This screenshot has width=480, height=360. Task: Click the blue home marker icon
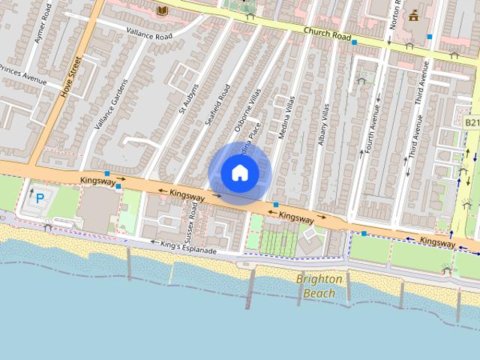coord(239,173)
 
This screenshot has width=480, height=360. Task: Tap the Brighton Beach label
coord(320,286)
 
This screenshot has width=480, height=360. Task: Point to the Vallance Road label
coord(149,35)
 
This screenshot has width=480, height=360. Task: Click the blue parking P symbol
coord(40,199)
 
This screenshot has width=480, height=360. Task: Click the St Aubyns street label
coord(188,88)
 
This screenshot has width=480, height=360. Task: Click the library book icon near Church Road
coord(161,10)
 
